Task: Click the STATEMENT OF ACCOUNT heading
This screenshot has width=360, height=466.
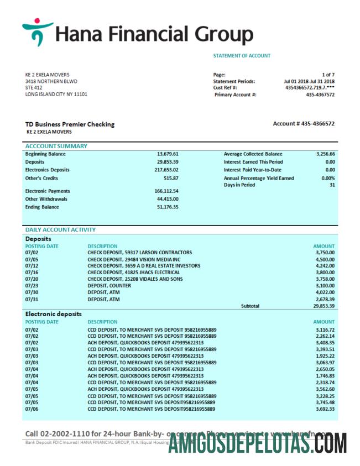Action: pos(242,56)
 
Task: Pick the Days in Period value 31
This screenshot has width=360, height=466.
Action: pos(332,185)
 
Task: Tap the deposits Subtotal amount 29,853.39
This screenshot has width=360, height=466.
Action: pos(324,305)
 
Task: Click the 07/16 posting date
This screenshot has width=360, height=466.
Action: pos(31,272)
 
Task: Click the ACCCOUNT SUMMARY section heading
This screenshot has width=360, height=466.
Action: pos(56,146)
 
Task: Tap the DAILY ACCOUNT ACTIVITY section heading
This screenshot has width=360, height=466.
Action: pos(60,229)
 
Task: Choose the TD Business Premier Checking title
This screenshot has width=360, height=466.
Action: pos(70,124)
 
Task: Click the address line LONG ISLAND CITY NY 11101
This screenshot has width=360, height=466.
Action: pos(56,94)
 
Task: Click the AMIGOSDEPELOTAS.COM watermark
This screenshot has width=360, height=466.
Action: pos(258,444)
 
